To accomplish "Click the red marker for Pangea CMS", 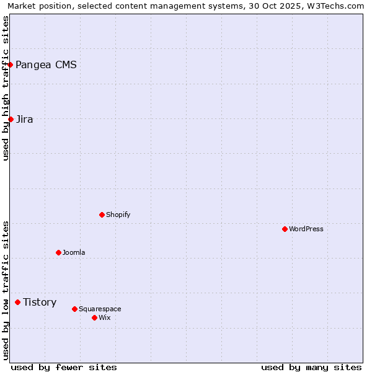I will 10,64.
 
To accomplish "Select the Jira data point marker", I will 11,119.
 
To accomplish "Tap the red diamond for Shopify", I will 102,215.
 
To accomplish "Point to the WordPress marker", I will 285,229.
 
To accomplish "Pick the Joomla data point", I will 58,252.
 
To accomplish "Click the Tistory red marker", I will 17,302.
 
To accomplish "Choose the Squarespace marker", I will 74,309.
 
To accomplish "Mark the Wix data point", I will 94,317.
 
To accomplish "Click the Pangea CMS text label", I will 46,65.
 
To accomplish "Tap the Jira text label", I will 25,120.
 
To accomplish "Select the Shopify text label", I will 118,215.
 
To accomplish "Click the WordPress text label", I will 306,229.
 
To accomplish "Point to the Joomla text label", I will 74,253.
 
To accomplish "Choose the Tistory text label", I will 40,303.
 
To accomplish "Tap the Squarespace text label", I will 100,309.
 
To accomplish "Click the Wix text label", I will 104,318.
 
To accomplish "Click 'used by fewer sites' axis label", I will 64,367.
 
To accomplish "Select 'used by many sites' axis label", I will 311,367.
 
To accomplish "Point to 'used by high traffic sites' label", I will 6,88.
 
